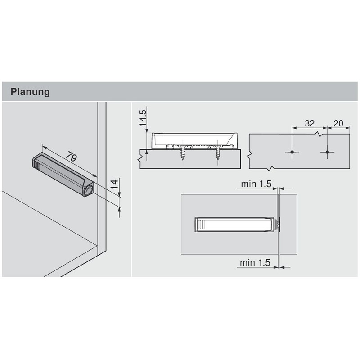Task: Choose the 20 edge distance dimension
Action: pyautogui.click(x=338, y=123)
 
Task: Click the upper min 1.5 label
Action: pyautogui.click(x=256, y=184)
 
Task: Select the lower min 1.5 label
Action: pyautogui.click(x=256, y=262)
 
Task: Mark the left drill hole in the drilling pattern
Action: pyautogui.click(x=292, y=153)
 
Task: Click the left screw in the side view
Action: pyautogui.click(x=184, y=155)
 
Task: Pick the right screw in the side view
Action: pyautogui.click(x=219, y=155)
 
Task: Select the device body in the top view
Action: pyautogui.click(x=234, y=223)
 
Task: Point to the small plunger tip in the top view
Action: pyautogui.click(x=278, y=223)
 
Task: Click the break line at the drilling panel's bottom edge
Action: pyautogui.click(x=270, y=169)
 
